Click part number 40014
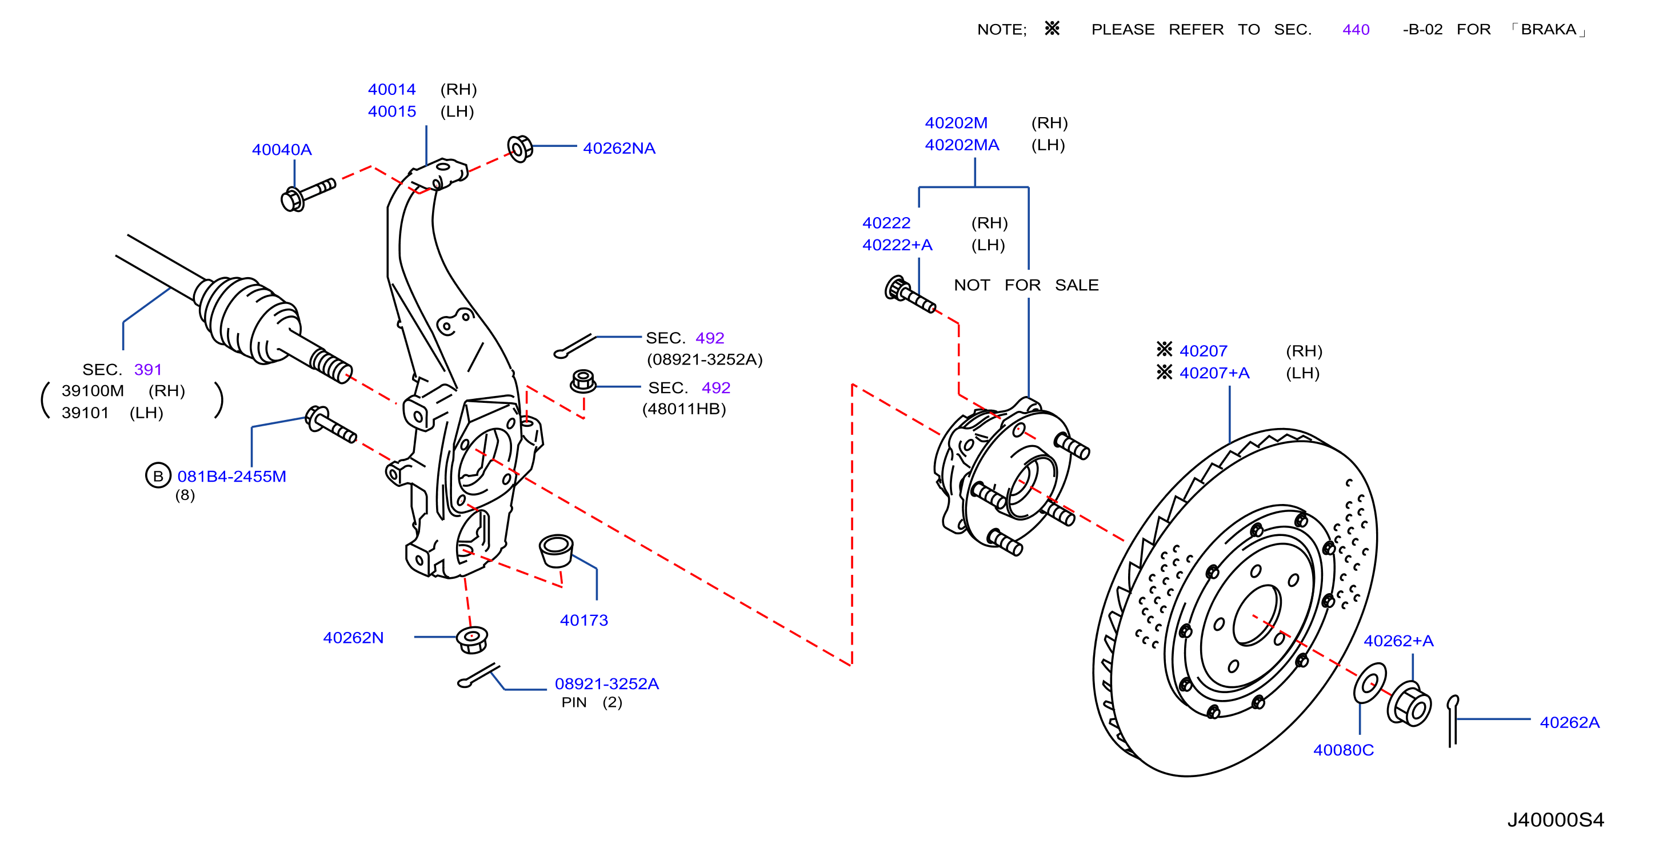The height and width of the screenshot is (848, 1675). [391, 89]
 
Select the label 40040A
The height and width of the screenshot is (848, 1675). [282, 150]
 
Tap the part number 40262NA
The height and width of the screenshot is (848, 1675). [619, 148]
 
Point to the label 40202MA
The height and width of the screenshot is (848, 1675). [962, 145]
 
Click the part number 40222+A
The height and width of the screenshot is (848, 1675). [897, 245]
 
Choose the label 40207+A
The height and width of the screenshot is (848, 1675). [1214, 373]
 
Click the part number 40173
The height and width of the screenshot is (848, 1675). [584, 620]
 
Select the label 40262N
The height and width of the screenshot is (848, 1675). [353, 637]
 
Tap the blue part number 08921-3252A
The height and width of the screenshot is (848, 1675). [607, 683]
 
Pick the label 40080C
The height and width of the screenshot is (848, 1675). [1344, 750]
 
